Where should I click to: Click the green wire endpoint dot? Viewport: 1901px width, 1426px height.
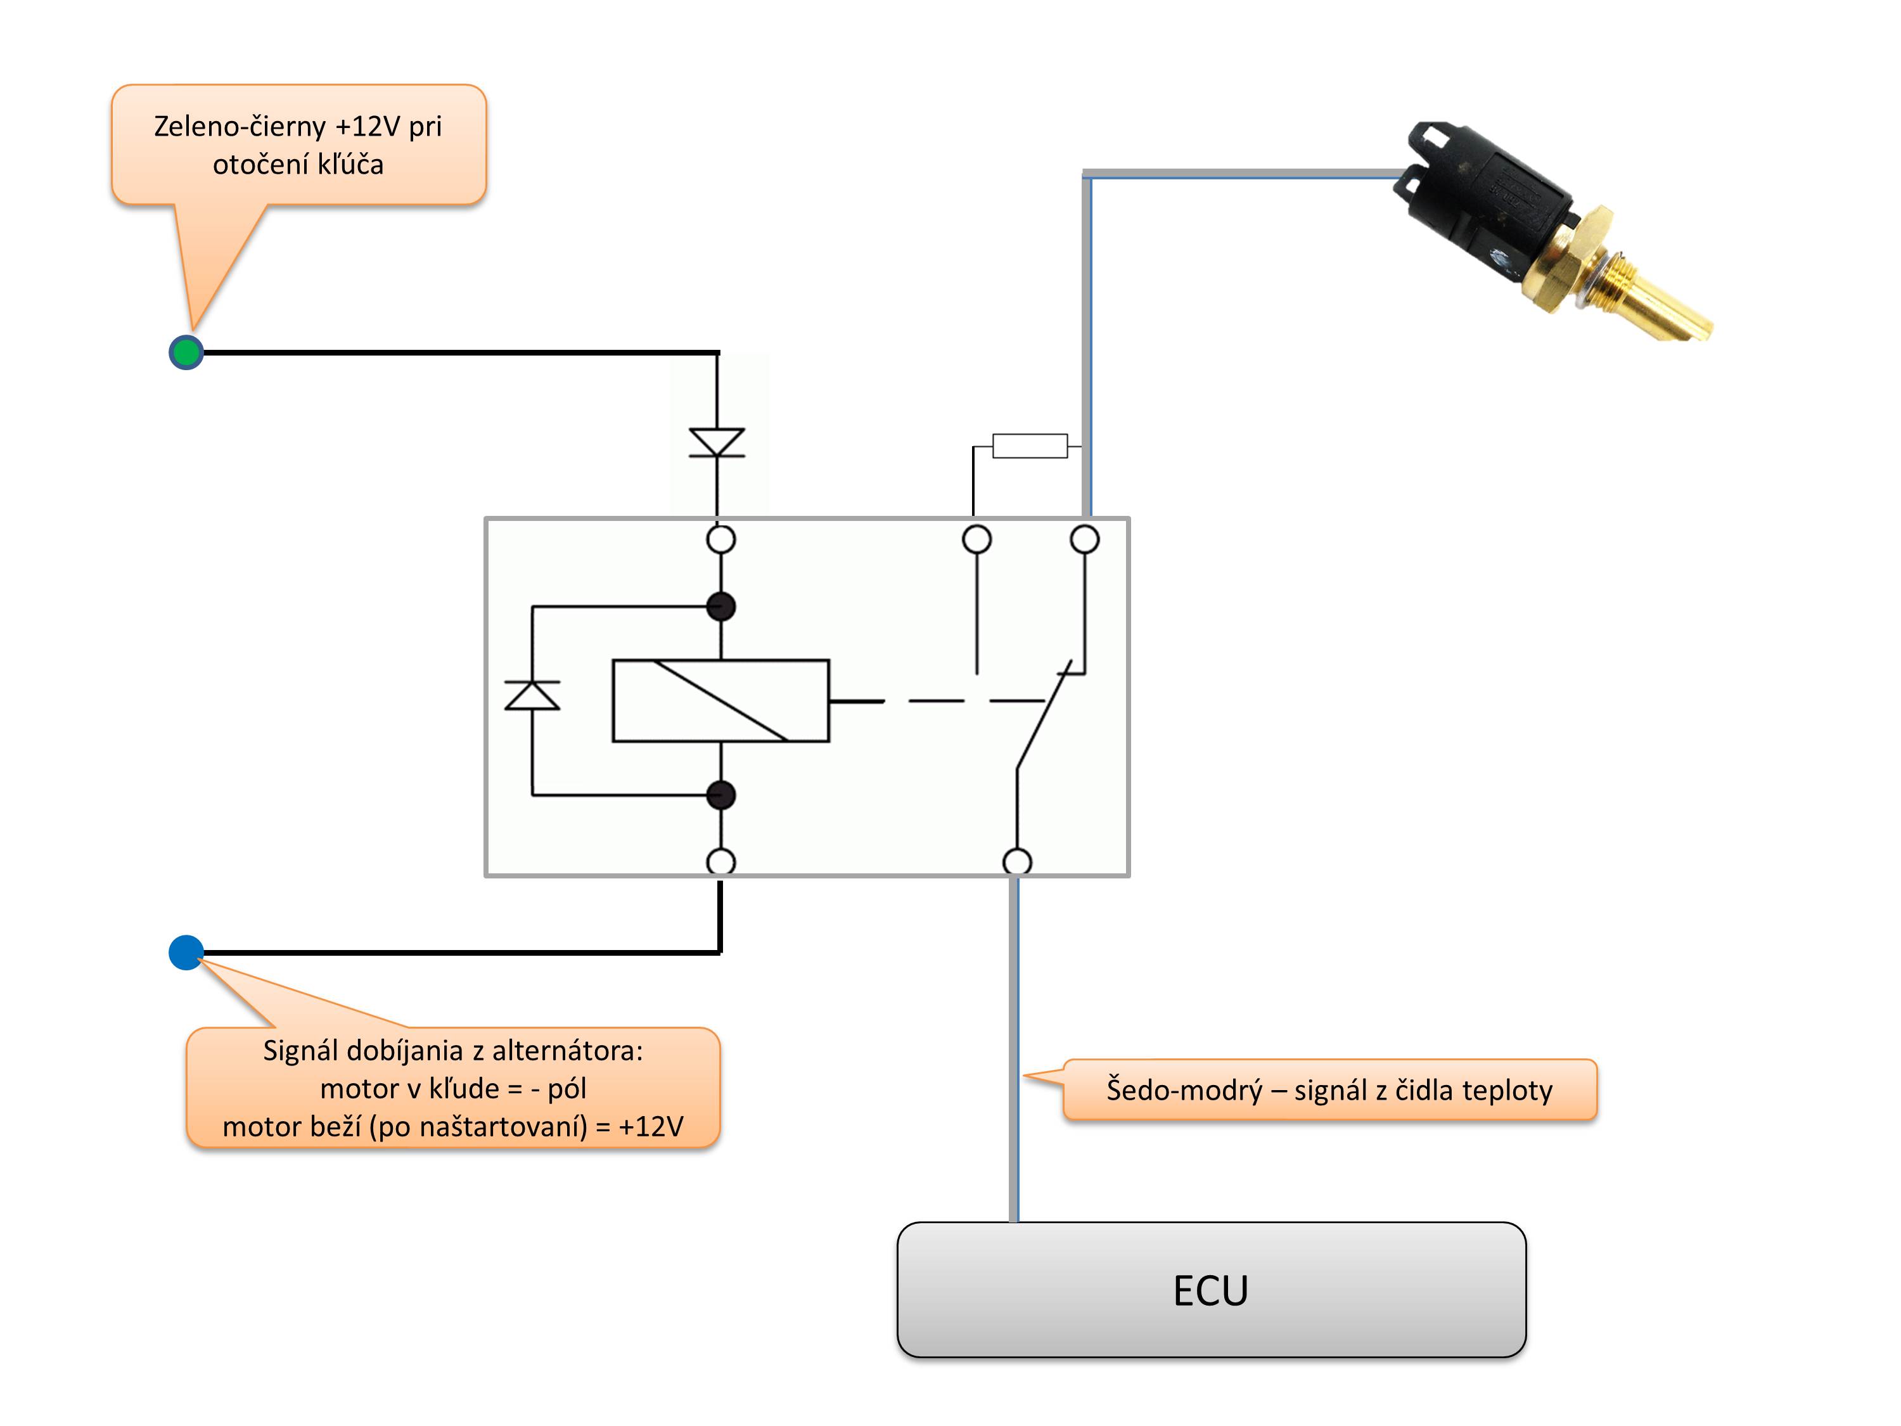pyautogui.click(x=186, y=352)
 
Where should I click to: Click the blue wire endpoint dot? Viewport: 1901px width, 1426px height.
pyautogui.click(x=186, y=953)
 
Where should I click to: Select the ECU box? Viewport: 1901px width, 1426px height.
pyautogui.click(x=1211, y=1289)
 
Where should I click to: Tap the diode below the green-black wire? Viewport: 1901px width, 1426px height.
pyautogui.click(x=717, y=442)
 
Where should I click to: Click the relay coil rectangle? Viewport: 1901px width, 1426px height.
pyautogui.click(x=720, y=700)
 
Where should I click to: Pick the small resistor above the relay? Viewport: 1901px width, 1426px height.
pyautogui.click(x=1030, y=446)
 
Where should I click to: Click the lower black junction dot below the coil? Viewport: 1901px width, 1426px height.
pyautogui.click(x=721, y=795)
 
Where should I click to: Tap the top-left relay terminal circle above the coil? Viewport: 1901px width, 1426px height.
pyautogui.click(x=721, y=540)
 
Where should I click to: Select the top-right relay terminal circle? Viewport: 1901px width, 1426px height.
pyautogui.click(x=1085, y=540)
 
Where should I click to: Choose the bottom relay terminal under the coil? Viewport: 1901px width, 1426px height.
pyautogui.click(x=721, y=861)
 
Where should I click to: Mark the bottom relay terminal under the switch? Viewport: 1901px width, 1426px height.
pyautogui.click(x=1018, y=861)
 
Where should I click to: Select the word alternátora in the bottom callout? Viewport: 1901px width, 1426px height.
pyautogui.click(x=566, y=1050)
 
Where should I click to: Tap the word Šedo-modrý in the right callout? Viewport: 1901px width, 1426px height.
pyautogui.click(x=1184, y=1090)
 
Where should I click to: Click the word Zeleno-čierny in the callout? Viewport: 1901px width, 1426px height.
pyautogui.click(x=240, y=126)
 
